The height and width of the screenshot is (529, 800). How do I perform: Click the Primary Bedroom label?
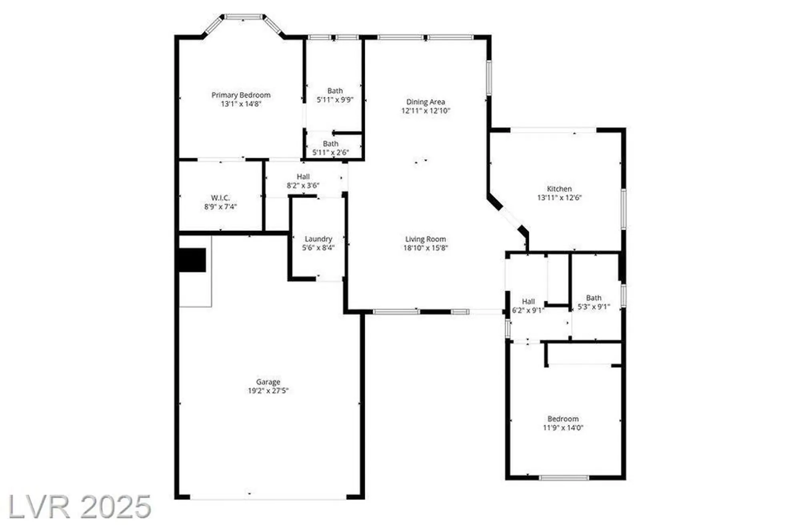[241, 95]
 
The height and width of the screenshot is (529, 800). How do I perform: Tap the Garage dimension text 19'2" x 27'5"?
[268, 391]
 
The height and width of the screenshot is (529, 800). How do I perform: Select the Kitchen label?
[559, 189]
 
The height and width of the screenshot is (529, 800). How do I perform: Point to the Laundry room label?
[318, 239]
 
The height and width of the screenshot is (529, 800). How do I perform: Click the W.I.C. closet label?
[220, 198]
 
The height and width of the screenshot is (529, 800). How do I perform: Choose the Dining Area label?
[426, 102]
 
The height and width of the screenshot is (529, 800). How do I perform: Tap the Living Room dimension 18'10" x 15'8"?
[426, 248]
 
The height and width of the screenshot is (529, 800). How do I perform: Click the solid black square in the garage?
[192, 260]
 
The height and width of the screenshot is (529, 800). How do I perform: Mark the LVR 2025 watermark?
[80, 507]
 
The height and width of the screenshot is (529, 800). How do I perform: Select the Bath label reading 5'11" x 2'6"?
[330, 148]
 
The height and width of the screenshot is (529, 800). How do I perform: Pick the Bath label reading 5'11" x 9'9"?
[335, 95]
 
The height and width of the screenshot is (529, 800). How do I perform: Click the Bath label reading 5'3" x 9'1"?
[594, 302]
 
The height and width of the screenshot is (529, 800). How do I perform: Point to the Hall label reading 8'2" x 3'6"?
[303, 181]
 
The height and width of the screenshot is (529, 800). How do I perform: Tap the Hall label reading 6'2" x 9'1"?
[528, 306]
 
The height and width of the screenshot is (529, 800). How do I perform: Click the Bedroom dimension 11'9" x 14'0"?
[563, 428]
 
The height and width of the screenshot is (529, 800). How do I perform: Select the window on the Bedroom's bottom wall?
[564, 478]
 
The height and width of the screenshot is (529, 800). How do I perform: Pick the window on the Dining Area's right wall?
[489, 78]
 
